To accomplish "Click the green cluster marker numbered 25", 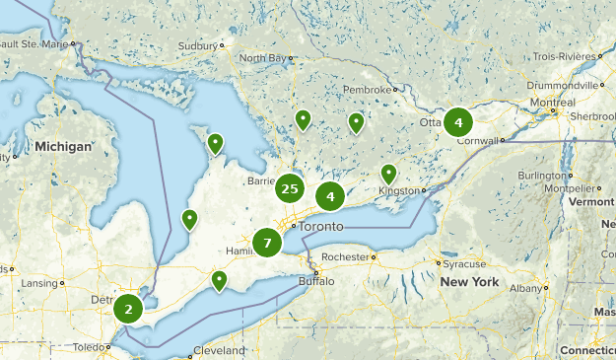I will tap(289, 188).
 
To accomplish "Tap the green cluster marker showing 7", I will tap(266, 243).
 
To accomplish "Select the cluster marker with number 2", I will tap(127, 309).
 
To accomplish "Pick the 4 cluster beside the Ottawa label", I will tap(457, 122).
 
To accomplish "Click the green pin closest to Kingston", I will tap(389, 175).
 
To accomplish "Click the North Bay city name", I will tap(262, 58).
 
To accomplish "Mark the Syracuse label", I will tap(463, 263).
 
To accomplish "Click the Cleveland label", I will tap(219, 351).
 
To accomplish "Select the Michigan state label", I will tap(63, 146).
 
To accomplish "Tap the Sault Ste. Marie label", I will tap(36, 44).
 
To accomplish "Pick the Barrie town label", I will tap(259, 181).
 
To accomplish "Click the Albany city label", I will tap(527, 288).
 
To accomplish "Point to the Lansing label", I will tap(40, 283).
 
